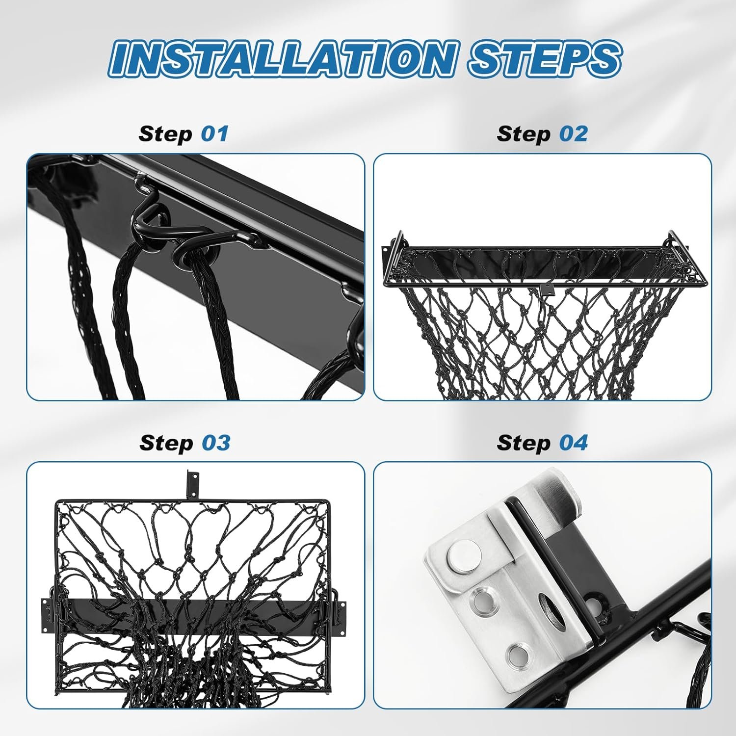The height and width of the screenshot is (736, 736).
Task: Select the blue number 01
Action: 214,133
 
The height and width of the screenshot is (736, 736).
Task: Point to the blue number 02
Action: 573,133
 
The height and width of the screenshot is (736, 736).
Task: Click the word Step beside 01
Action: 165,134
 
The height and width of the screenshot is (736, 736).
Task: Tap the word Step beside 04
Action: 524,443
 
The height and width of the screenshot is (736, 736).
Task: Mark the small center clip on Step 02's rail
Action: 545,289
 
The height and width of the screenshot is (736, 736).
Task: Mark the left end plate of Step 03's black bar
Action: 46,614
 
